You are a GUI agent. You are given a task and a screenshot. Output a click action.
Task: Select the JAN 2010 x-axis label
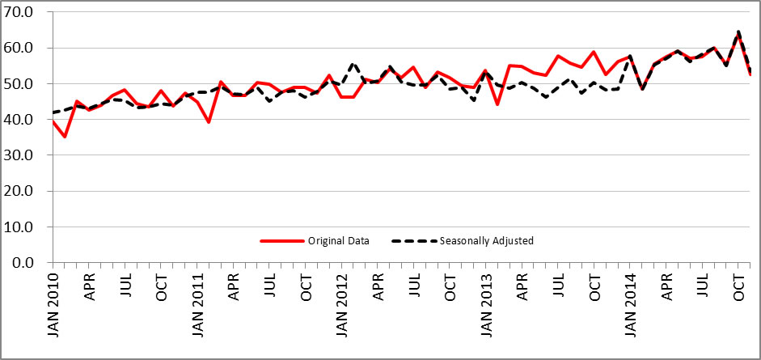pyautogui.click(x=53, y=308)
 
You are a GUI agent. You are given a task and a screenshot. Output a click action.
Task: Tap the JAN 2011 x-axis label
pyautogui.click(x=198, y=308)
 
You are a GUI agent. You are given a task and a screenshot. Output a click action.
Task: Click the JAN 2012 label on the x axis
pyautogui.click(x=342, y=308)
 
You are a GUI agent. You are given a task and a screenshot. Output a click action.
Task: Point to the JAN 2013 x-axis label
pyautogui.click(x=486, y=308)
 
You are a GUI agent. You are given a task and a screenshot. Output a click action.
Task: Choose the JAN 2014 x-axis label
pyautogui.click(x=631, y=308)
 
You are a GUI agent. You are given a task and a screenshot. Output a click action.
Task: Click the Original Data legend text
pyautogui.click(x=338, y=240)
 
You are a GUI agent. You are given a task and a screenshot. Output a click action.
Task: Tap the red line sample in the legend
pyautogui.click(x=280, y=240)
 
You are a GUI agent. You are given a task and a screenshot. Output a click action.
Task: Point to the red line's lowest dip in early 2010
pyautogui.click(x=65, y=137)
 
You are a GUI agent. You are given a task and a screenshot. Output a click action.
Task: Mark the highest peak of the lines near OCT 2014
pyautogui.click(x=738, y=32)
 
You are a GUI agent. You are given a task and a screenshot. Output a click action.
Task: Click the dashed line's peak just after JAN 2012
pyautogui.click(x=353, y=63)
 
